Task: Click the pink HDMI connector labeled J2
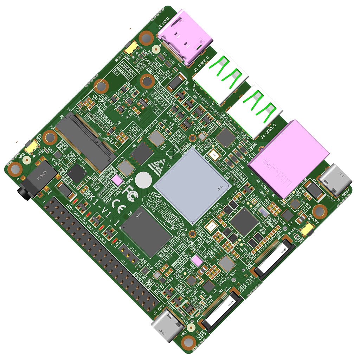coord(185,38)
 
